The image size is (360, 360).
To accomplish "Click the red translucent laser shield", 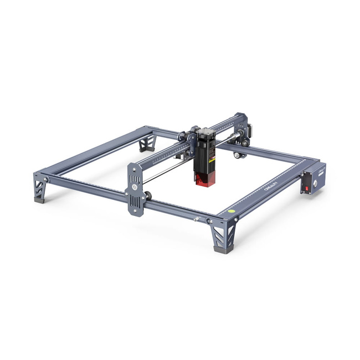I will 204,179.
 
